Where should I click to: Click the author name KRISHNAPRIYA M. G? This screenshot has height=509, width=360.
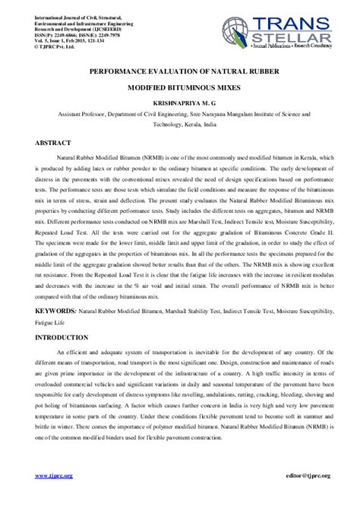click(179, 100)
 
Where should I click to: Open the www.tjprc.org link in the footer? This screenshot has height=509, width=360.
click(54, 475)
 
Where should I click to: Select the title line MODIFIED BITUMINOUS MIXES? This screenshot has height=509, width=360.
click(179, 87)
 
